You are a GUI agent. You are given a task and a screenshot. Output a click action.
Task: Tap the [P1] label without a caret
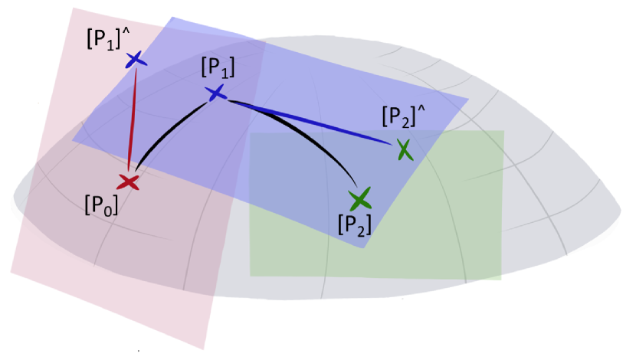217,68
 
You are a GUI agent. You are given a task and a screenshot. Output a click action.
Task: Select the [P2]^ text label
403,118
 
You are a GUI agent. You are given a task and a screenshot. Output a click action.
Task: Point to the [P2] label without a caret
355,224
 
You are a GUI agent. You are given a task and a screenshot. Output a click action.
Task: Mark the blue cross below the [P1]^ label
135,59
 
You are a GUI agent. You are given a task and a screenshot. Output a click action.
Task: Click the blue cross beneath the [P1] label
215,93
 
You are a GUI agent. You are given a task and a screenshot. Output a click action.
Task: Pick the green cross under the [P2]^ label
405,149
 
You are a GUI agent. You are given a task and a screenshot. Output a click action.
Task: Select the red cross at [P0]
128,182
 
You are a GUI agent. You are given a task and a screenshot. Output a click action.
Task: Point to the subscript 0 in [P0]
110,208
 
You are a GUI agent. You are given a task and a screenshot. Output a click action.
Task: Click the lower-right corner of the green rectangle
501,279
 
